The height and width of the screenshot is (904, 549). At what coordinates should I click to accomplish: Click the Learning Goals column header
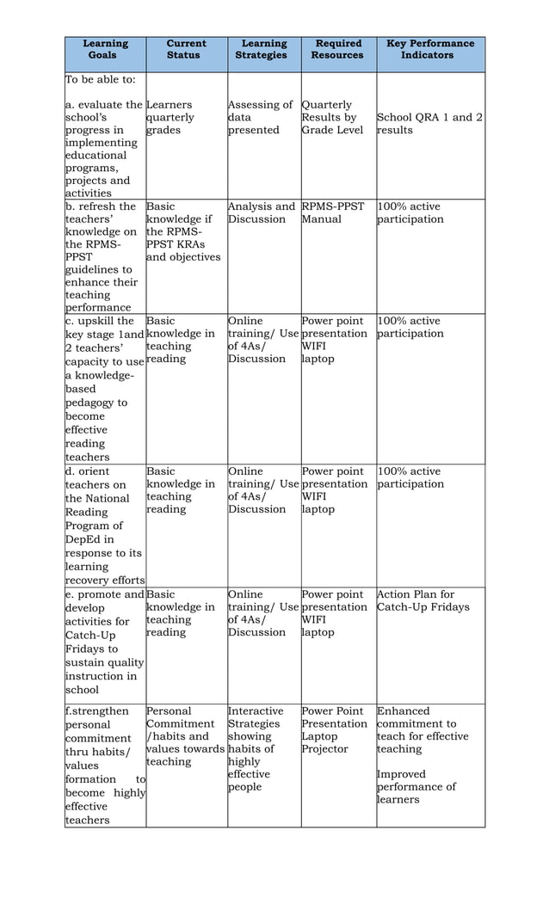[x=105, y=50]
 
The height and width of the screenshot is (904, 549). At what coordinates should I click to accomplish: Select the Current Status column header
[x=186, y=50]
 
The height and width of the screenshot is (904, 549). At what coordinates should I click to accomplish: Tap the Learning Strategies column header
[x=263, y=50]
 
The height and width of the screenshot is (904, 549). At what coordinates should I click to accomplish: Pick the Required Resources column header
[x=337, y=50]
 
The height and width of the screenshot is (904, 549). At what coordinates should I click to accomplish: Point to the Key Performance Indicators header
[x=430, y=50]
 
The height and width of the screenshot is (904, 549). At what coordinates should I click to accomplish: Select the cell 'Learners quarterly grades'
[x=170, y=118]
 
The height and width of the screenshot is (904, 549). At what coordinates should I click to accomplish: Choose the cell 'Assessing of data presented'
[x=260, y=118]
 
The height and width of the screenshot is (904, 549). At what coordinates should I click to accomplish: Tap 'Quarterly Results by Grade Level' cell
[x=332, y=118]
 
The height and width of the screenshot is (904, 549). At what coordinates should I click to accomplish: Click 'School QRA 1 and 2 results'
[x=429, y=124]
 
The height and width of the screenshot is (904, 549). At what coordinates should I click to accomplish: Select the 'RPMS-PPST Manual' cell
[x=332, y=212]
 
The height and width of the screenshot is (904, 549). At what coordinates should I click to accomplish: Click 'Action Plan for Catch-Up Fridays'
[x=423, y=600]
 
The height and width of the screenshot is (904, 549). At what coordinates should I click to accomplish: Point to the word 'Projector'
[x=324, y=749]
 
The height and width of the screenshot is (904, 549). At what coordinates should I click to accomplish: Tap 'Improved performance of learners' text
[x=416, y=787]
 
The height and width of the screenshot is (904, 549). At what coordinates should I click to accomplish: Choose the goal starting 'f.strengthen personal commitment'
[x=103, y=766]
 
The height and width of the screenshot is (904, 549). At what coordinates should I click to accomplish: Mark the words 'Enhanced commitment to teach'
[x=422, y=723]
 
